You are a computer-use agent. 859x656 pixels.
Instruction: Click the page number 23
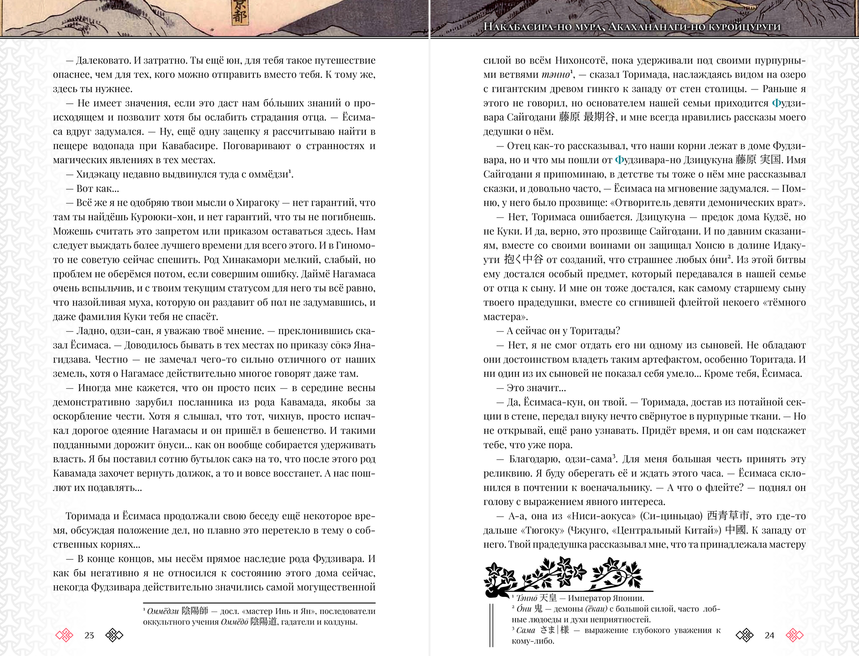click(89, 635)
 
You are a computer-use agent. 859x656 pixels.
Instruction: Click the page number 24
click(769, 635)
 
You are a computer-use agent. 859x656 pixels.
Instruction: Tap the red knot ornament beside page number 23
click(64, 635)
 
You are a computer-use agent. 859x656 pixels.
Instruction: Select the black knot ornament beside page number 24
click(745, 635)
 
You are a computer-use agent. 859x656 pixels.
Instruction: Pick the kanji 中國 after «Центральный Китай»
click(736, 530)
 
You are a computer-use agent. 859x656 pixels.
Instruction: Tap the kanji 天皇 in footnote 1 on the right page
click(549, 599)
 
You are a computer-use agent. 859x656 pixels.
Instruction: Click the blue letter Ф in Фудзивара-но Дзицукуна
click(619, 160)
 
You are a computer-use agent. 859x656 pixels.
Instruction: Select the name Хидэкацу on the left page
click(98, 174)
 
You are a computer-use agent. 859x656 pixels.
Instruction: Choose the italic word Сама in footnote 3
click(526, 630)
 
